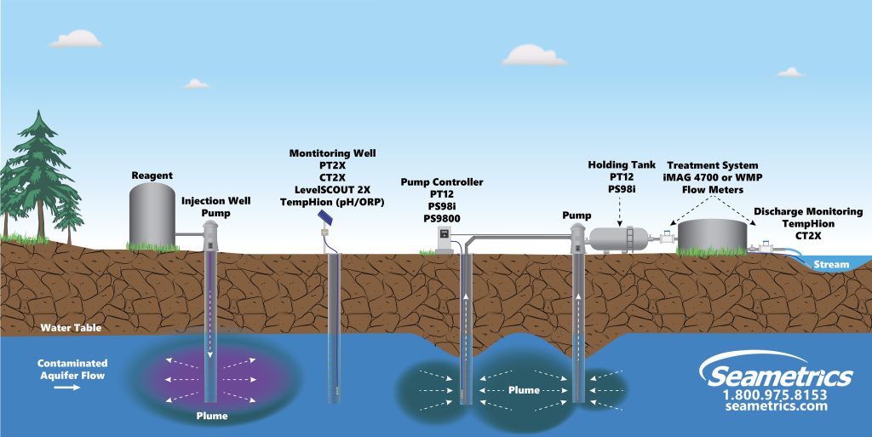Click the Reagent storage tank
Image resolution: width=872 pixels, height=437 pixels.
(x=152, y=215)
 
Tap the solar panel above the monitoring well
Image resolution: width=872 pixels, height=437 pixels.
(x=325, y=218)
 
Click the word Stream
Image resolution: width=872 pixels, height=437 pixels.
(x=831, y=264)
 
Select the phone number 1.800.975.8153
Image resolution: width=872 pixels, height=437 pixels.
(x=775, y=394)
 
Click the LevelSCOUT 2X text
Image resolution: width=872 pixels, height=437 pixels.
(x=332, y=189)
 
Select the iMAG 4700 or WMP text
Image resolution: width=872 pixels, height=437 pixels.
(x=712, y=177)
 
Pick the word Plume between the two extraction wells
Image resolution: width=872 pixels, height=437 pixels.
(x=522, y=389)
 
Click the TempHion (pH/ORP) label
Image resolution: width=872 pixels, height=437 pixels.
(x=332, y=202)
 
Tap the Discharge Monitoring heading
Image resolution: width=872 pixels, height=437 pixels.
(x=808, y=211)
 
